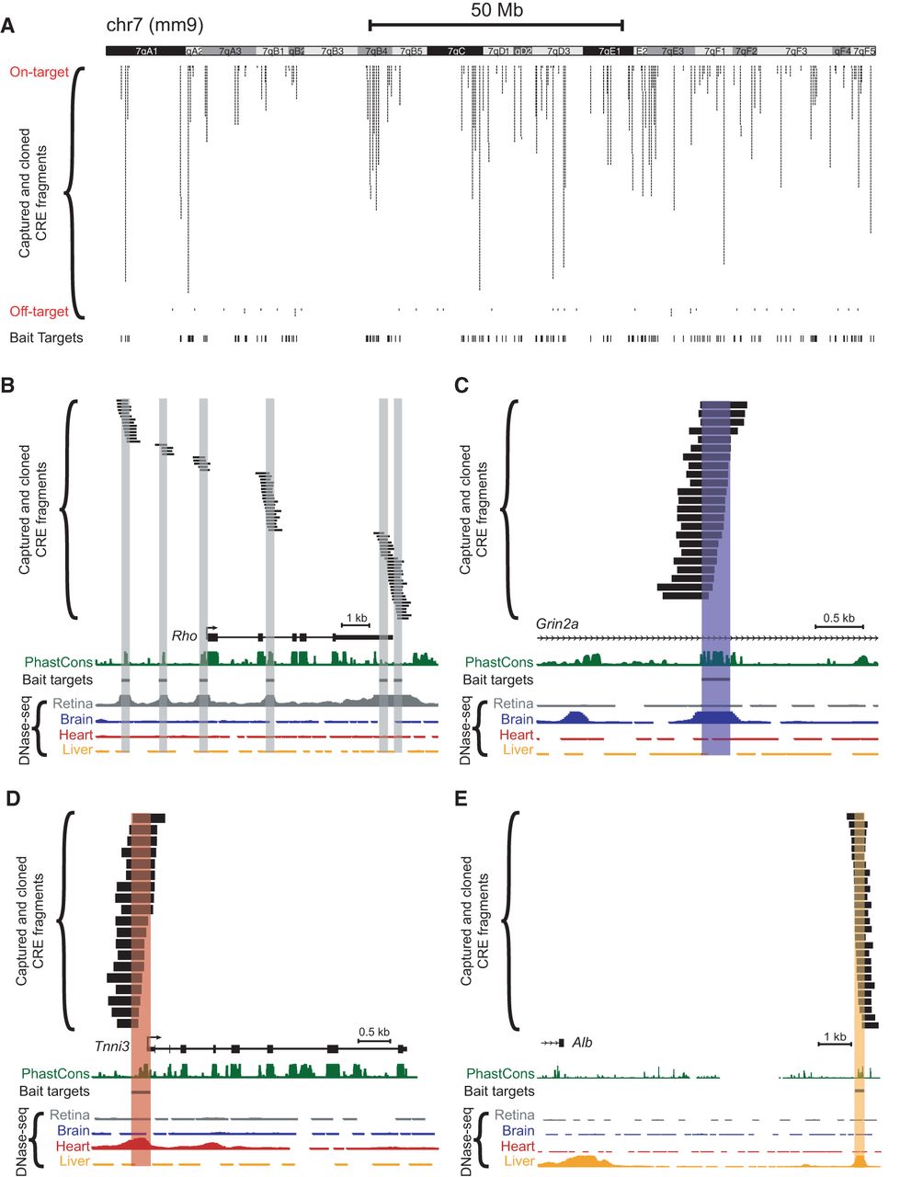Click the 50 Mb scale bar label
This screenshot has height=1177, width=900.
click(496, 10)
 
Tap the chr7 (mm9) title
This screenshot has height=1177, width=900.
click(154, 27)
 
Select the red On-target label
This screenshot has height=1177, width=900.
click(40, 72)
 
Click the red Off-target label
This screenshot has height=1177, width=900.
click(40, 312)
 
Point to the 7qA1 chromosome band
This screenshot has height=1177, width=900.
click(145, 52)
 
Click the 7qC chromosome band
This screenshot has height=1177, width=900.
click(457, 52)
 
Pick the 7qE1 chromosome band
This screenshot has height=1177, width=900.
click(609, 52)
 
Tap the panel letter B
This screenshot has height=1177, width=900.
click(8, 385)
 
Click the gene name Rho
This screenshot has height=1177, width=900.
click(184, 635)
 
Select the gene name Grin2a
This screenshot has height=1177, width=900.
click(557, 623)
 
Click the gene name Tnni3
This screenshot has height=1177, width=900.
click(112, 1046)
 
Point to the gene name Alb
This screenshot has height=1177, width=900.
click(582, 1043)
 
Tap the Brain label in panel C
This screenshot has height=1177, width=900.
click(517, 719)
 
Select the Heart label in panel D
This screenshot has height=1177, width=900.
click(73, 1147)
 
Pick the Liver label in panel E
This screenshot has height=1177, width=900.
click(518, 1161)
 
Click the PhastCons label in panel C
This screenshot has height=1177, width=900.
click(499, 662)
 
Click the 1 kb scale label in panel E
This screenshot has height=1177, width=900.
click(834, 1037)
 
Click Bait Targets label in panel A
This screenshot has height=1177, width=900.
click(46, 337)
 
